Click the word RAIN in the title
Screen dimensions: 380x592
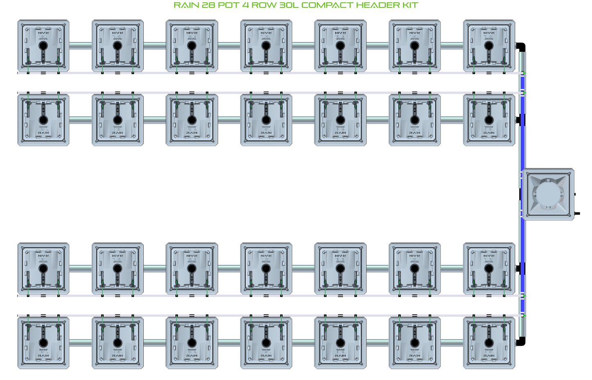tap(186, 5)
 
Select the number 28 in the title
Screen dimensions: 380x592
tap(209, 5)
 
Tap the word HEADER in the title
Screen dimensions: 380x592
tap(376, 5)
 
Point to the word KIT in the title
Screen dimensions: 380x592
tap(410, 5)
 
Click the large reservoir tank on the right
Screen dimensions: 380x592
tap(548, 195)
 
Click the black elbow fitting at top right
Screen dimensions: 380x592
tap(521, 46)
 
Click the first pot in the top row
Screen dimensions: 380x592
tap(43, 45)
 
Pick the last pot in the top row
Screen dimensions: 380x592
tap(489, 45)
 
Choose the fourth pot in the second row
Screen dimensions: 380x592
tap(266, 120)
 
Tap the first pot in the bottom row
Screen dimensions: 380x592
tap(43, 343)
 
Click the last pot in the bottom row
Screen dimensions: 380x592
tap(489, 343)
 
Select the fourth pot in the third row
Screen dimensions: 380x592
tap(266, 269)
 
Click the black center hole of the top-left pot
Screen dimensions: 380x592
tap(43, 45)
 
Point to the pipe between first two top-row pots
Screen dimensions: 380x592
tap(80, 45)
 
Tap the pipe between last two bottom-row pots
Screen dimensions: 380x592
tap(451, 343)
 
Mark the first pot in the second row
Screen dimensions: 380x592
tap(43, 120)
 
